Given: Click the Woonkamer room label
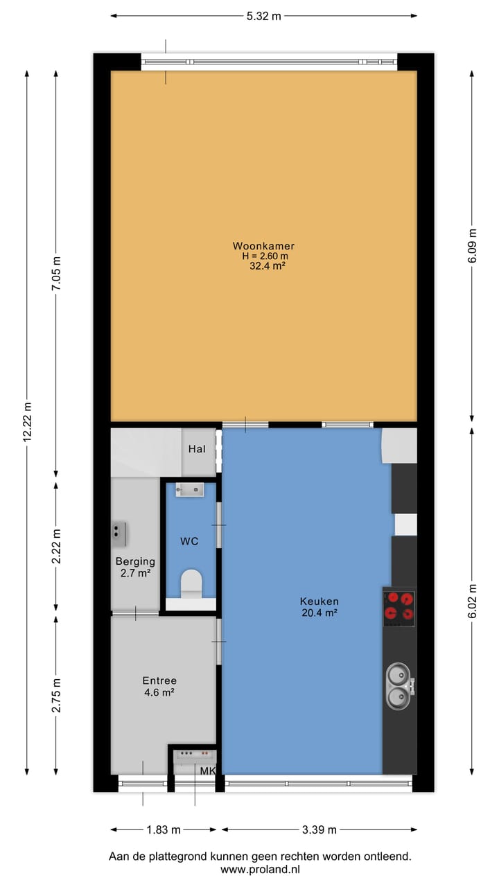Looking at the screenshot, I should coord(263,246).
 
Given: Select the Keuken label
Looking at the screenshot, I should coord(319,601).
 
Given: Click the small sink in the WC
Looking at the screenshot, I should coord(189,490).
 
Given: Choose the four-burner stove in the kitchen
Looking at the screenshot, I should coord(399,606).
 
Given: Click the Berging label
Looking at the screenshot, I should coord(135,561).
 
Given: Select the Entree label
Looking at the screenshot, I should coord(159,680).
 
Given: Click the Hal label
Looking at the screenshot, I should coord(197,449).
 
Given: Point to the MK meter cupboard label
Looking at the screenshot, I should coord(208,771).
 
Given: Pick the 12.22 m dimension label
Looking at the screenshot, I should coord(27,421).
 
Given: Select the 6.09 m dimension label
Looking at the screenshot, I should coord(473,246).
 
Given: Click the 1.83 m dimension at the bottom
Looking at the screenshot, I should coord(163,829).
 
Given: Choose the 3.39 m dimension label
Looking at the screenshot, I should coord(319,829).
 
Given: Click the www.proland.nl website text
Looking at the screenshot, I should coord(260,869).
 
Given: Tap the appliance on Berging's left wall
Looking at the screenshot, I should coord(119,534).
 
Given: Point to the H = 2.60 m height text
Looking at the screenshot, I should coord(263,256).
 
